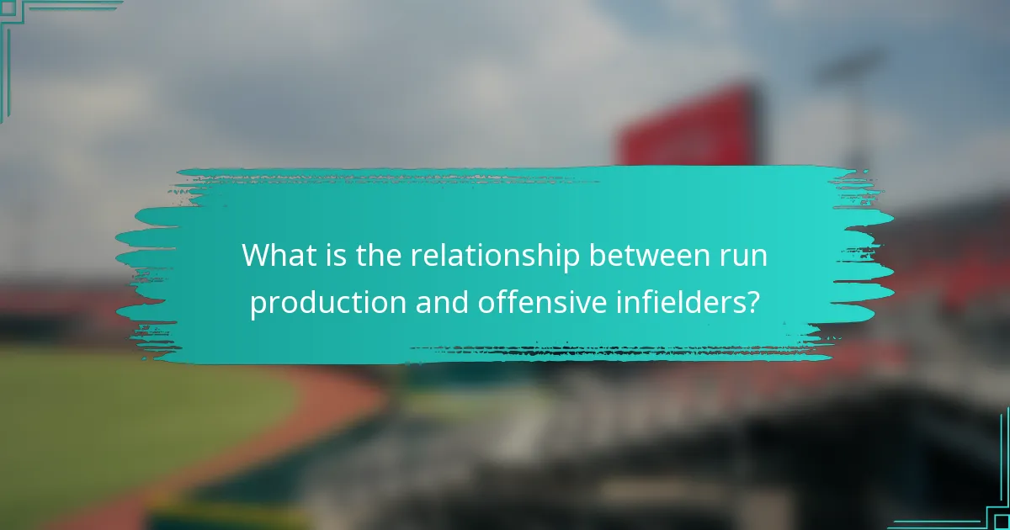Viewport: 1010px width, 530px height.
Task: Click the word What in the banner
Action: [x=274, y=256]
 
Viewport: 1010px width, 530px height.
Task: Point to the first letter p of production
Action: [x=256, y=305]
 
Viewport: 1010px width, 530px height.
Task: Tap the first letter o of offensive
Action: [x=484, y=304]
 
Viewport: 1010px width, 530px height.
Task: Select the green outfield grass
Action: [x=126, y=412]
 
